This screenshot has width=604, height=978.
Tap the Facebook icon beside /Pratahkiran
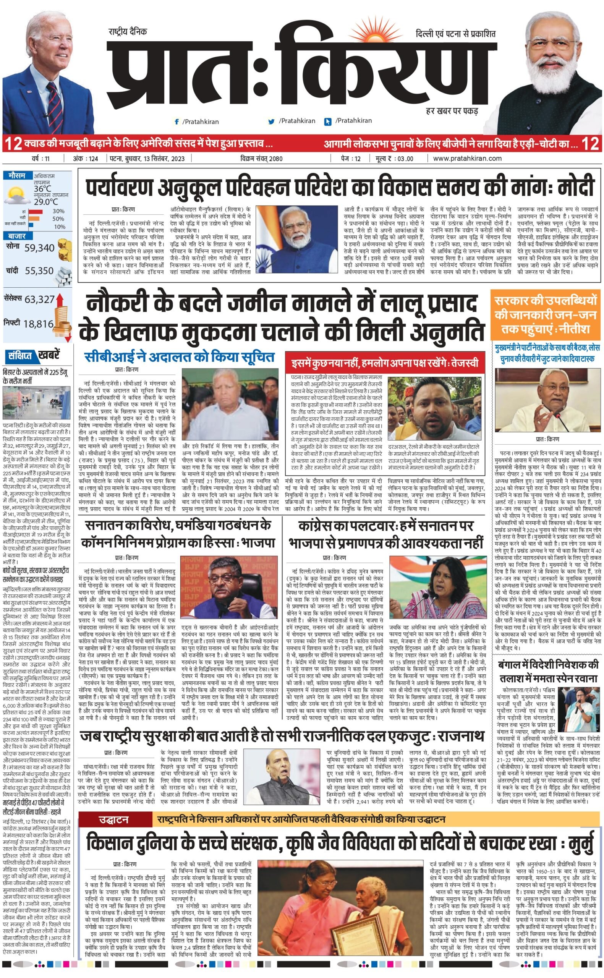pyautogui.click(x=177, y=122)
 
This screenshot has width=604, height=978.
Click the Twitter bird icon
pyautogui.click(x=272, y=121)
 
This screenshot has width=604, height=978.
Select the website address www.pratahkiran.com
pyautogui.click(x=467, y=159)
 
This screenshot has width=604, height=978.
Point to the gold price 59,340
pyautogui.click(x=39, y=248)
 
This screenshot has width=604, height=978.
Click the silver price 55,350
pyautogui.click(x=39, y=271)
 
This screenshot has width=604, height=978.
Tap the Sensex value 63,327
pyautogui.click(x=39, y=299)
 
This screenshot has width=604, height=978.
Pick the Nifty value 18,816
pyautogui.click(x=38, y=324)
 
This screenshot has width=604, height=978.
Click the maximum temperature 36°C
pyautogui.click(x=42, y=188)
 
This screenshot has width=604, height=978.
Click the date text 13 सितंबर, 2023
pyautogui.click(x=162, y=159)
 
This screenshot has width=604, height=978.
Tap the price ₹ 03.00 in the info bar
pyautogui.click(x=394, y=159)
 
